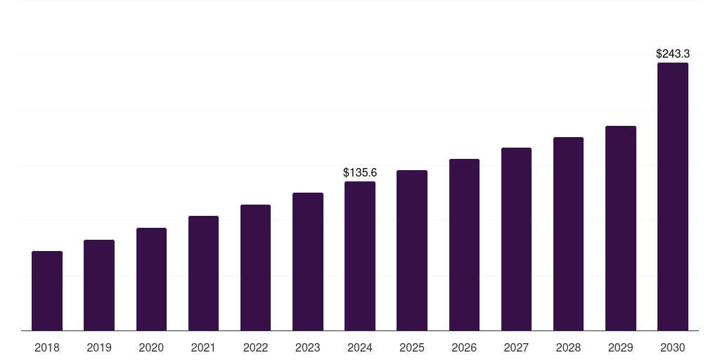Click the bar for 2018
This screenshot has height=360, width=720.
tap(47, 290)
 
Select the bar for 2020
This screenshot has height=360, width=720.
tap(151, 279)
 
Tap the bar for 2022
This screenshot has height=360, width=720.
tap(255, 268)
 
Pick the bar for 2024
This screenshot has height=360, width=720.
tap(360, 256)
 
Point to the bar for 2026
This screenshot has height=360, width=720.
tap(464, 245)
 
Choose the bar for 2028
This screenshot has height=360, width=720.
tap(568, 233)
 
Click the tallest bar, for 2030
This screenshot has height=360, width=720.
tap(673, 197)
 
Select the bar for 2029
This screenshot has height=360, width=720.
tap(621, 229)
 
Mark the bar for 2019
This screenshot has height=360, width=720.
tap(99, 285)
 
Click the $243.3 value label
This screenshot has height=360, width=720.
tap(673, 53)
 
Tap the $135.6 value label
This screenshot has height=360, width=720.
tap(360, 173)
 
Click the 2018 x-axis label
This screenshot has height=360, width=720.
tap(47, 347)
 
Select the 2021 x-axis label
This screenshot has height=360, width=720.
tap(203, 347)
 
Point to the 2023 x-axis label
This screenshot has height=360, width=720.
tap(308, 347)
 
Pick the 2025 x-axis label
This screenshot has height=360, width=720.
tap(412, 347)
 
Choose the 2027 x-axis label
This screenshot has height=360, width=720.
tap(516, 347)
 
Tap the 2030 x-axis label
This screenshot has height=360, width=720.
tap(673, 347)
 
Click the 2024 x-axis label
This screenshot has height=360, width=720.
tap(360, 347)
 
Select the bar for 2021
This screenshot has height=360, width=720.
tap(203, 274)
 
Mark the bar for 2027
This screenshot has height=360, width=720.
tap(516, 239)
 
